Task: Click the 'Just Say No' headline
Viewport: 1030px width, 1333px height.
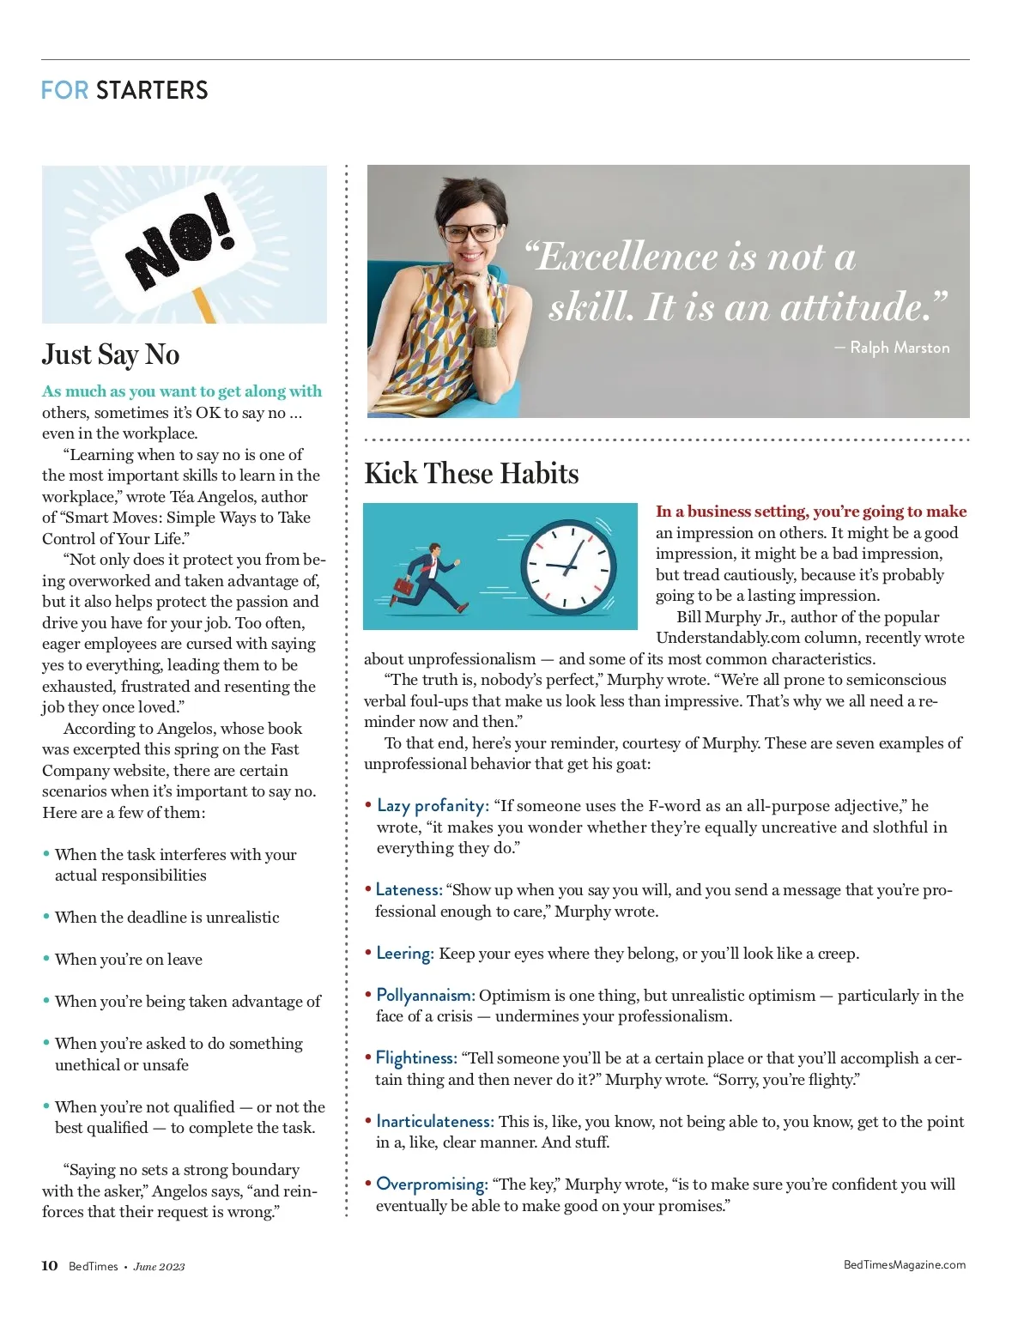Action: click(x=111, y=354)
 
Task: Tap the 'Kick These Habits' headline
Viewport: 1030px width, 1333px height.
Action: click(x=471, y=474)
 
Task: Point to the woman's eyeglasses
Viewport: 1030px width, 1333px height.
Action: click(x=470, y=233)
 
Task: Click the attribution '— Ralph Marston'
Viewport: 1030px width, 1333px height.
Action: click(x=893, y=348)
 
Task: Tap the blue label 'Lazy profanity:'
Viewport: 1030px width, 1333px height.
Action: click(x=433, y=806)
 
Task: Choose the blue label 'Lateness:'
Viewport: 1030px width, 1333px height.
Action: click(x=409, y=890)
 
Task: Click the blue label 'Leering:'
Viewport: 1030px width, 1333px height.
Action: click(x=405, y=954)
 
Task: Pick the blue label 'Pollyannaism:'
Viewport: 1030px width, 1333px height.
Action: click(x=425, y=996)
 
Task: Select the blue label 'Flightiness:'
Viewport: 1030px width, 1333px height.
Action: click(x=416, y=1058)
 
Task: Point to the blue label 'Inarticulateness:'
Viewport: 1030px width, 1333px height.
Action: click(x=434, y=1122)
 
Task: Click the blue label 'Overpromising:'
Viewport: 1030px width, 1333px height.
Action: click(x=432, y=1185)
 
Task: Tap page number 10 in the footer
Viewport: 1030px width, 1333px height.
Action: click(x=50, y=1266)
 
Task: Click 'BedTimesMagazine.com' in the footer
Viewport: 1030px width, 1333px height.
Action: click(x=905, y=1265)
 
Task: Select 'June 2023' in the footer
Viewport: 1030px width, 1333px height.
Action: click(x=159, y=1267)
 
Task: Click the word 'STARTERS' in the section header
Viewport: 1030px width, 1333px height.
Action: click(x=152, y=90)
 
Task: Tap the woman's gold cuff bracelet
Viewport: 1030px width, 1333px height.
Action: click(x=486, y=337)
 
